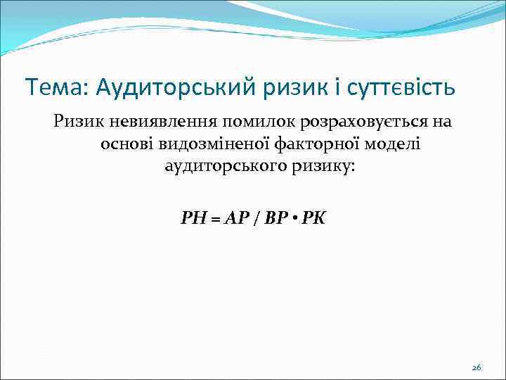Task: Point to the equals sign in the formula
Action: point(214,218)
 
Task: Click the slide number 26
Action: point(476,367)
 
